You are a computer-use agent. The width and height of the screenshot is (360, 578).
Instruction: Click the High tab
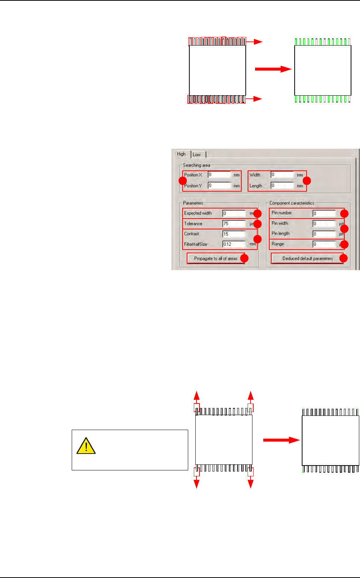coord(181,154)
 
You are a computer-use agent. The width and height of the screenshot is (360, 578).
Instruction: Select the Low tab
coord(197,155)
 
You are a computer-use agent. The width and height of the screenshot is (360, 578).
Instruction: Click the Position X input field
coord(220,174)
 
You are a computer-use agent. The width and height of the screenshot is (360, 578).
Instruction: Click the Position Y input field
coord(220,185)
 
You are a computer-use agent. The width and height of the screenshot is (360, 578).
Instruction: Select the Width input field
coord(282,174)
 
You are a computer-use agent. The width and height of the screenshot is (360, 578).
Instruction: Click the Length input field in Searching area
coord(282,185)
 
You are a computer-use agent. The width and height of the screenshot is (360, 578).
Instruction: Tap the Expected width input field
coord(234,213)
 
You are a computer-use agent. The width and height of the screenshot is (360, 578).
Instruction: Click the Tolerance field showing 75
coord(234,223)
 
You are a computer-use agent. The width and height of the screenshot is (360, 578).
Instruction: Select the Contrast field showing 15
coord(234,234)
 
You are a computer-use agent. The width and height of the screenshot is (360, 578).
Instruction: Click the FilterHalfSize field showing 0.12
coord(234,244)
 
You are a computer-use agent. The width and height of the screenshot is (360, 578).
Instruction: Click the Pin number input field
coord(324,213)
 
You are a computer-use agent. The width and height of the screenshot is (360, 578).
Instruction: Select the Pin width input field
coord(324,223)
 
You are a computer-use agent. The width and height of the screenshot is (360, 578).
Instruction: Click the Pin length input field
coord(324,234)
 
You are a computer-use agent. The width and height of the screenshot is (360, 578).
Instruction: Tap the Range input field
coord(324,244)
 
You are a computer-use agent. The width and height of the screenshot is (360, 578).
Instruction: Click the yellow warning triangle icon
coord(86,446)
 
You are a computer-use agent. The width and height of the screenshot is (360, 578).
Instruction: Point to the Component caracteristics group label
coord(292,203)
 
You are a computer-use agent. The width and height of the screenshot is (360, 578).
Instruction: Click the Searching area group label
coord(196,165)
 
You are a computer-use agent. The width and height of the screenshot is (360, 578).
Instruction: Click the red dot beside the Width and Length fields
coord(307,181)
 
